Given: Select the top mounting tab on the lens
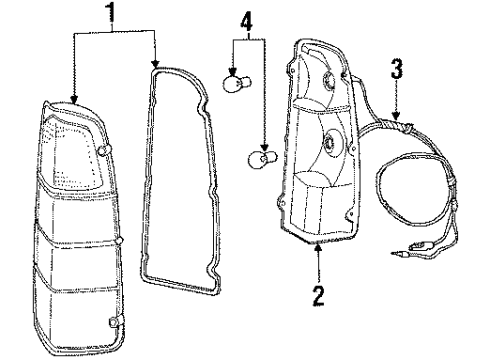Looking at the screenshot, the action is pos(105,150).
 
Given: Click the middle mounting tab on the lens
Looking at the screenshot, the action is pos(118,242).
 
